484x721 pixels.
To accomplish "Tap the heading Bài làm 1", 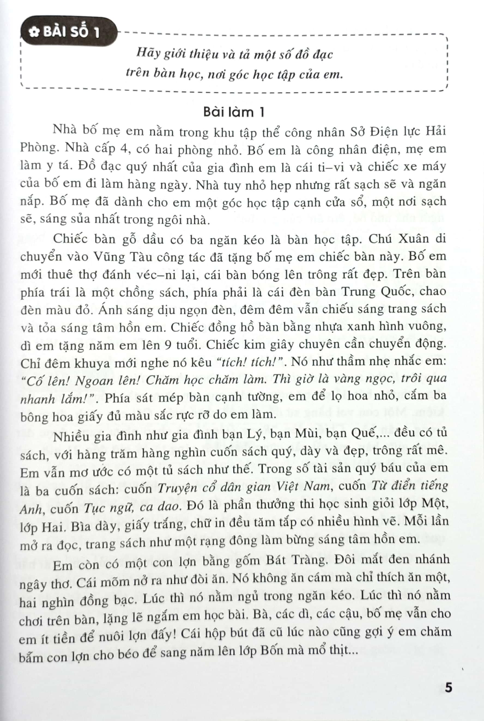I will pyautogui.click(x=234, y=112).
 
